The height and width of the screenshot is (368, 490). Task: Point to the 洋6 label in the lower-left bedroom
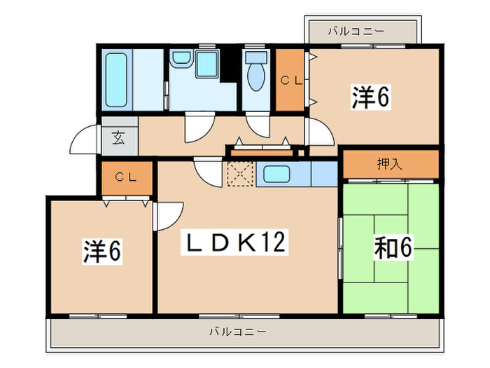(x=103, y=252)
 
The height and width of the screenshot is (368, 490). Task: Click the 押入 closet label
(x=389, y=165)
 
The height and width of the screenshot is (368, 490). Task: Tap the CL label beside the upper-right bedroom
(x=290, y=80)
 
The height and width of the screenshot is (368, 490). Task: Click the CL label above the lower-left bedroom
(x=126, y=176)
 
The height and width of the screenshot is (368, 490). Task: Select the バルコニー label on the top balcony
(x=356, y=32)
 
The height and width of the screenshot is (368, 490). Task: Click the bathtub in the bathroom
(x=117, y=79)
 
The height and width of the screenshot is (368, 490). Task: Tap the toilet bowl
(x=255, y=76)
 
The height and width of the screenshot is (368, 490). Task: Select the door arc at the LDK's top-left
(x=207, y=170)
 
